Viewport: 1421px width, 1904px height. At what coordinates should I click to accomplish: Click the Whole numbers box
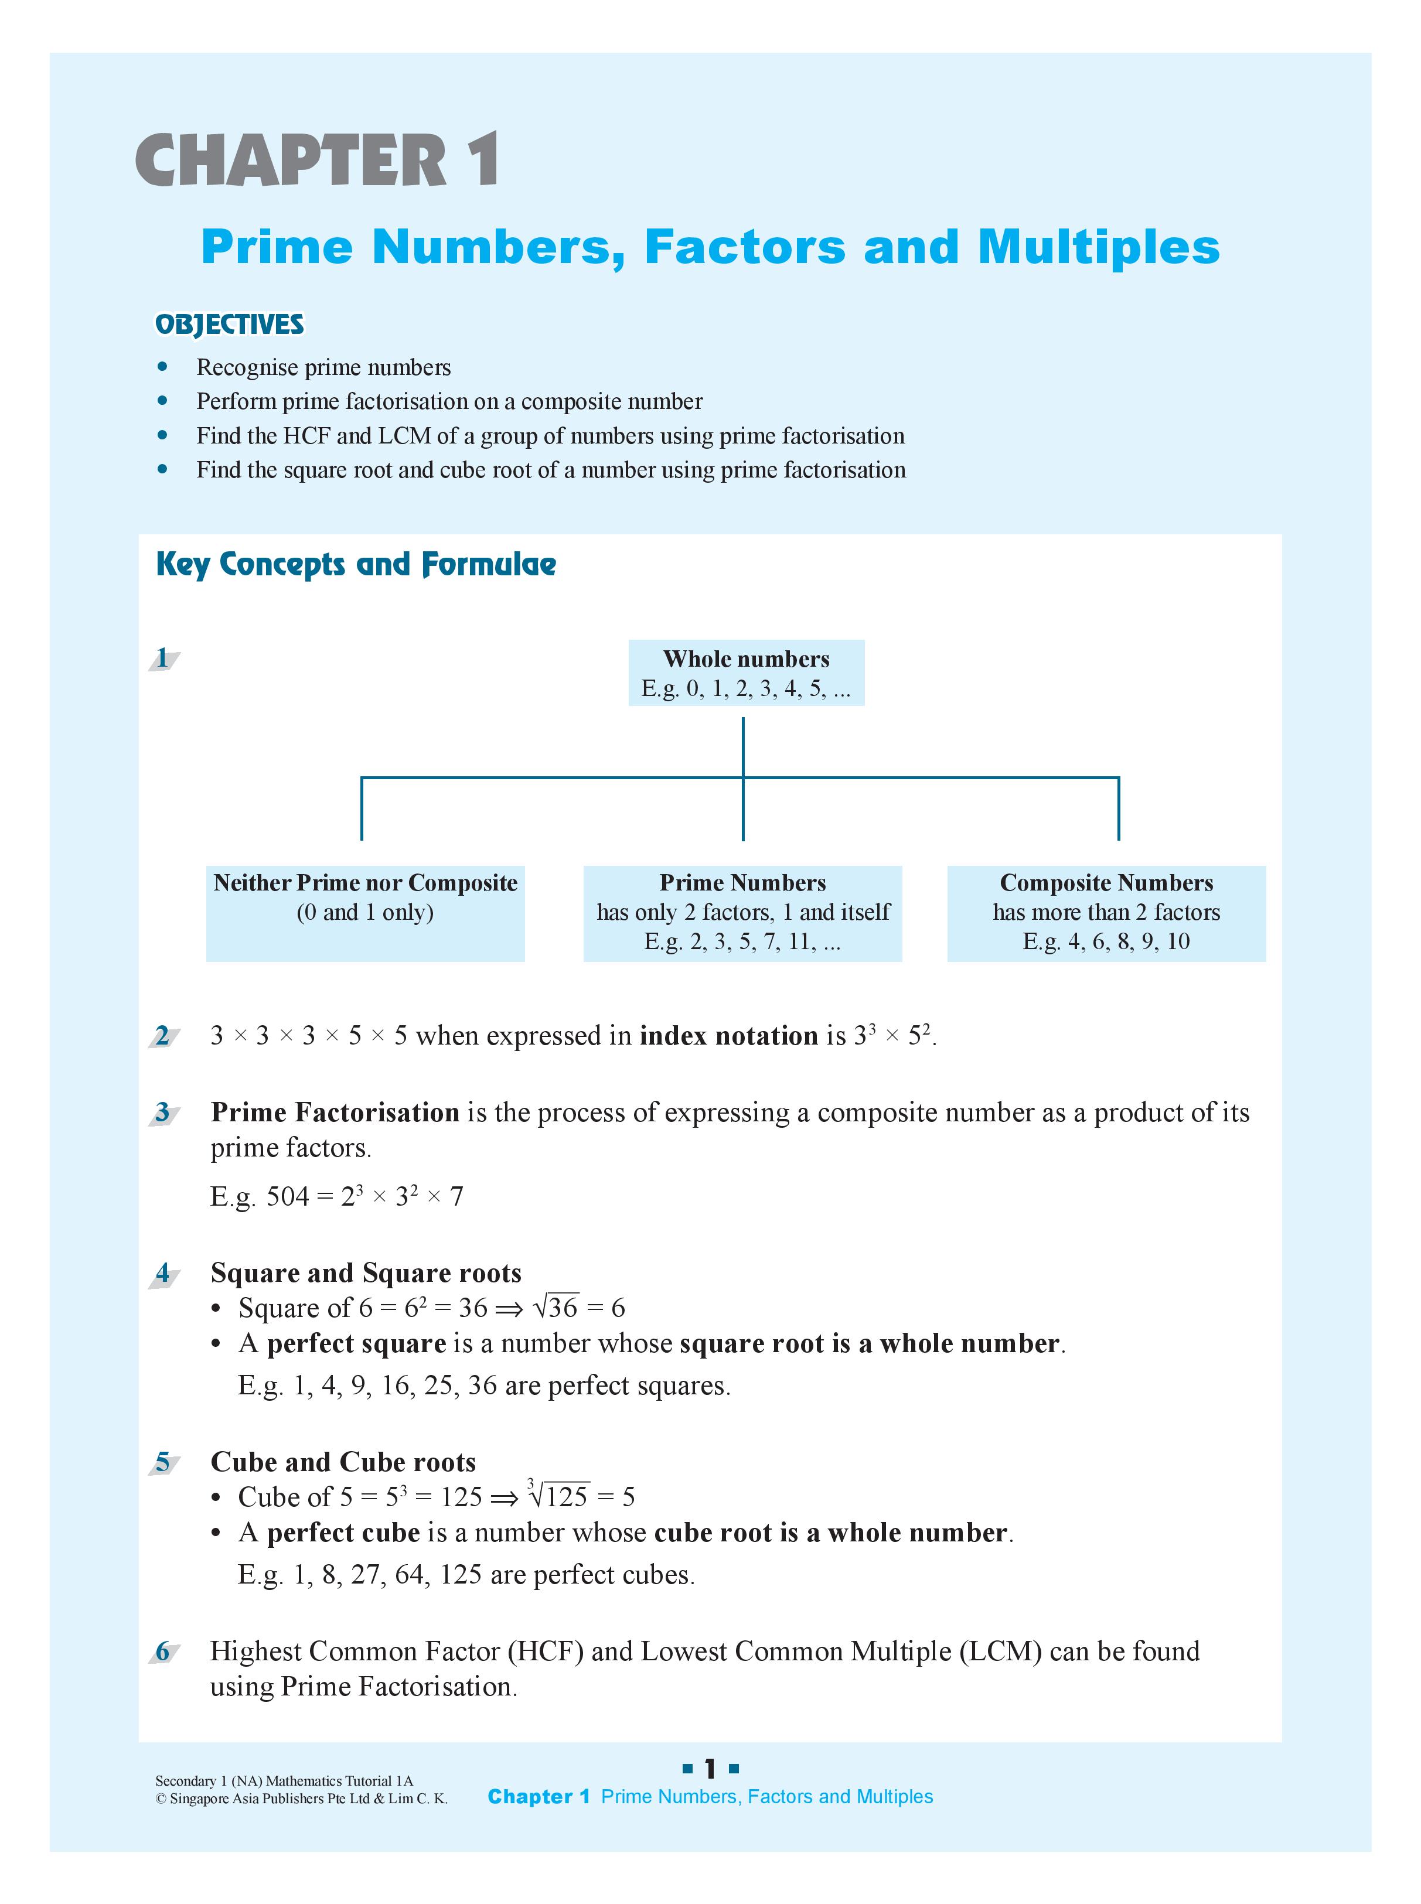point(746,673)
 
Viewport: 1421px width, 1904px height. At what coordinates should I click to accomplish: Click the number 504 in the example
point(287,1196)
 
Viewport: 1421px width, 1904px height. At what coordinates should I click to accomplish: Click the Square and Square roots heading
point(366,1273)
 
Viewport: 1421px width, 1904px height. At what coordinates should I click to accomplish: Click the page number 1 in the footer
point(710,1769)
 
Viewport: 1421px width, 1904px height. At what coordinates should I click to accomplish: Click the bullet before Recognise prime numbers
point(162,367)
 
